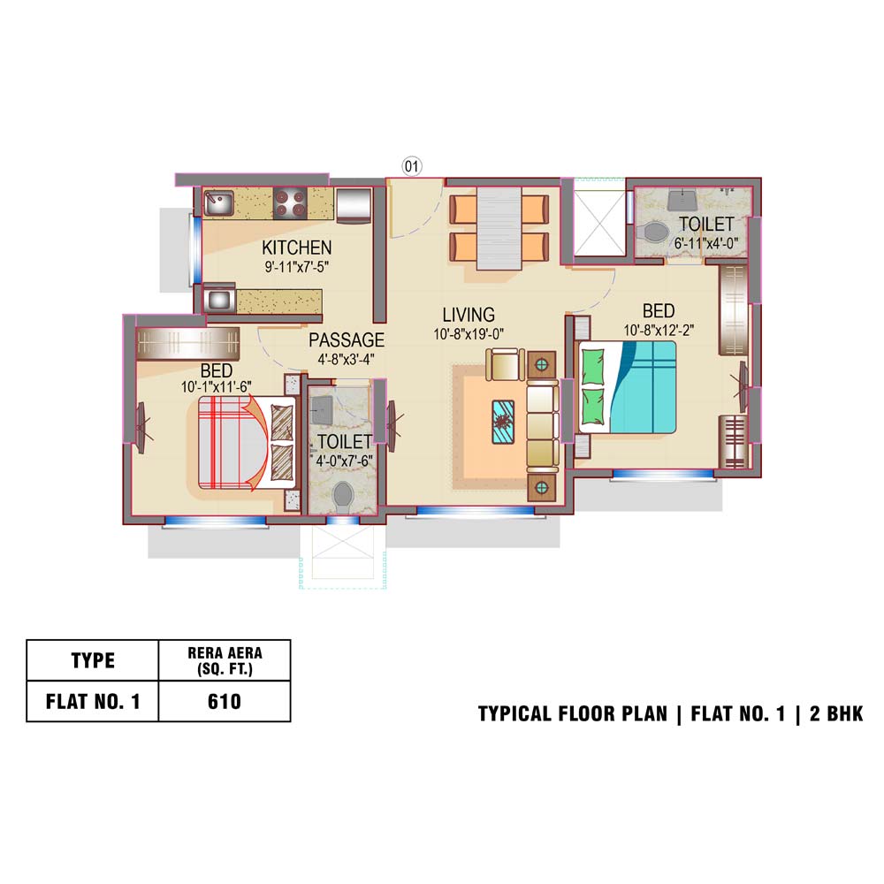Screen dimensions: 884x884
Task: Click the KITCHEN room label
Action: coord(296,248)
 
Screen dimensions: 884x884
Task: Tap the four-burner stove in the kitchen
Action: coord(290,203)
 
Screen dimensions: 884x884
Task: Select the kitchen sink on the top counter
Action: coord(218,202)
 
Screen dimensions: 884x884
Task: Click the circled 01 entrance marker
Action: coord(412,166)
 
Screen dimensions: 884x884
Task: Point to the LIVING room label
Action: coord(469,315)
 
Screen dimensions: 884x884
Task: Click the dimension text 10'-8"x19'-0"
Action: coord(469,334)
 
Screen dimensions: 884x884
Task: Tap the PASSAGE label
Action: coord(347,340)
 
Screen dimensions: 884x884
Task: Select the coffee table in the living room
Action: coord(503,421)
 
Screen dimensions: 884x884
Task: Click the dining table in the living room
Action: coord(499,228)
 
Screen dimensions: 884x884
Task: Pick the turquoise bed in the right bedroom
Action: coord(627,387)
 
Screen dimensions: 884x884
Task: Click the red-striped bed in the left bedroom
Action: coord(247,443)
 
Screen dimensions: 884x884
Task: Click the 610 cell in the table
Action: coord(225,701)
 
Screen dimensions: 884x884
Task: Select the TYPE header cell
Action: coord(93,660)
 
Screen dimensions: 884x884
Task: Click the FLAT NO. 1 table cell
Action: coord(93,701)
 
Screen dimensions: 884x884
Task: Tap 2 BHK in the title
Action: coord(836,713)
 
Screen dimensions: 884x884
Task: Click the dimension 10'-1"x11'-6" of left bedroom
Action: coord(216,387)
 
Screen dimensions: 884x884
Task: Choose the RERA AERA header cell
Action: coord(225,660)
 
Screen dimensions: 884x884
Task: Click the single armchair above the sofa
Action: coord(505,364)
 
